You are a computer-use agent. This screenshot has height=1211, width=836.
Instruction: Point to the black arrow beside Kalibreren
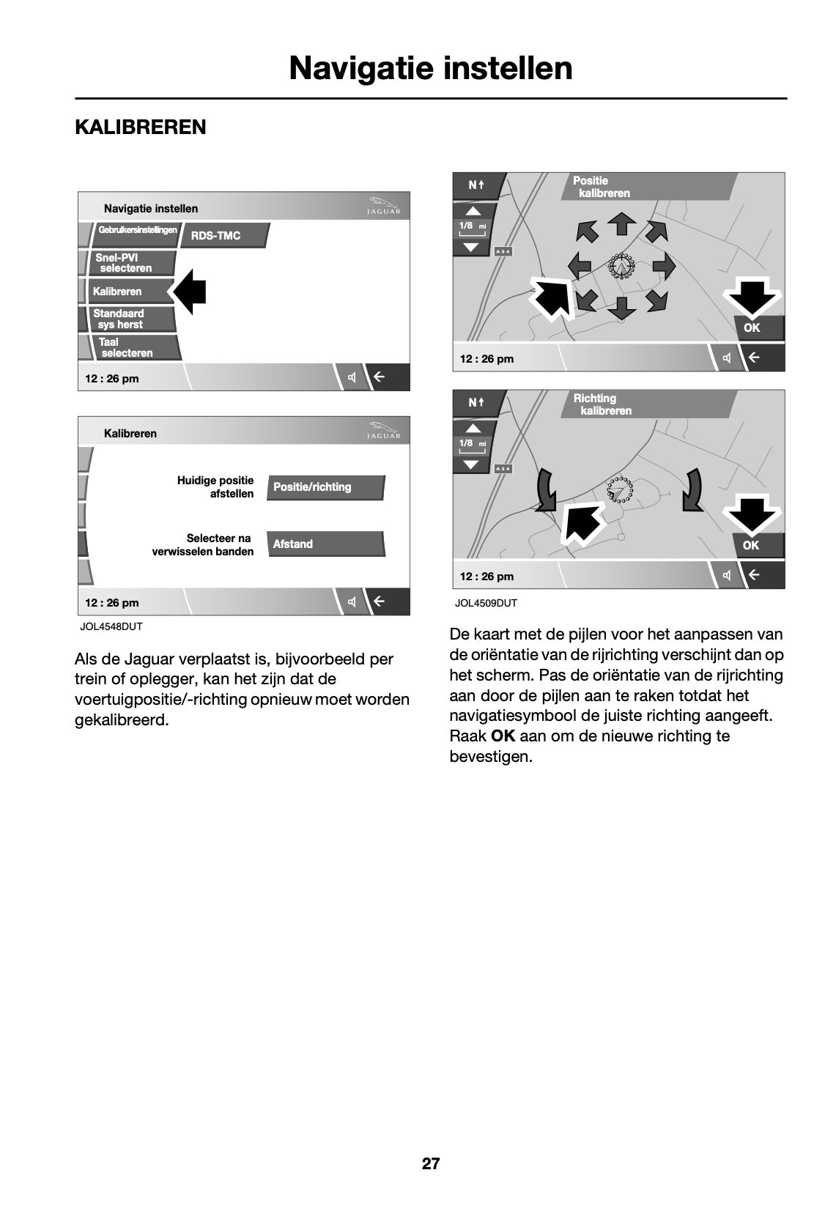[189, 292]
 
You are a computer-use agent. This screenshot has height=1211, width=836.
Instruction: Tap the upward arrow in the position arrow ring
[622, 223]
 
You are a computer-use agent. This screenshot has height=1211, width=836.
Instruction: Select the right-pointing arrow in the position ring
[664, 265]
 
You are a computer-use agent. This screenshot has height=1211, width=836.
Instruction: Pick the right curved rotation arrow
[692, 489]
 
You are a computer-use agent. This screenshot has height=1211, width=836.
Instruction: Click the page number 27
[431, 1163]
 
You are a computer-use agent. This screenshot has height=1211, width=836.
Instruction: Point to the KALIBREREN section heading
[141, 127]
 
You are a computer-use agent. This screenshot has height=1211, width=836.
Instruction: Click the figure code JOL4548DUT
[111, 627]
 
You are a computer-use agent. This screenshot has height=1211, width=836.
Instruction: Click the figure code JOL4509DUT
[486, 603]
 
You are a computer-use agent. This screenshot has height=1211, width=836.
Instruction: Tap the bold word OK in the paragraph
[503, 736]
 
